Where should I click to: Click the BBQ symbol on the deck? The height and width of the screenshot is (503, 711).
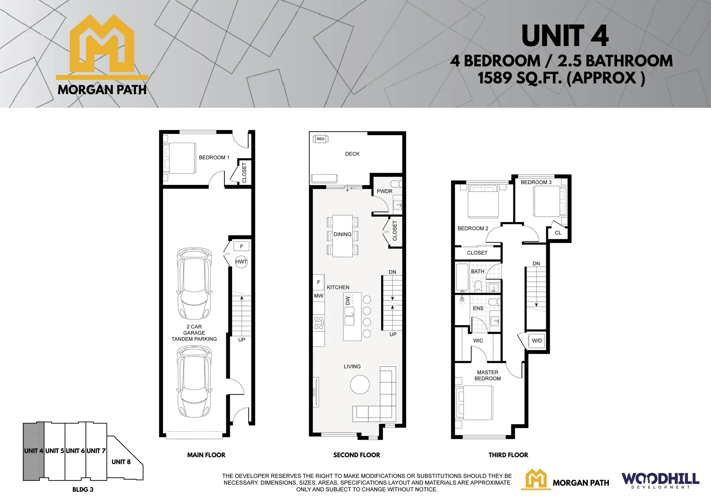tap(321, 139)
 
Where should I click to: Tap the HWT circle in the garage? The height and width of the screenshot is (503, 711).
tap(241, 262)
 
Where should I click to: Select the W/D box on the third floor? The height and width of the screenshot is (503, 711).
tap(537, 341)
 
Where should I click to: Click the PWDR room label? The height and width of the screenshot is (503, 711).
tap(384, 191)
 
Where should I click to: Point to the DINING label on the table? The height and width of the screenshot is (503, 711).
tap(342, 234)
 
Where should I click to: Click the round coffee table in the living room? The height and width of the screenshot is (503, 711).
tap(360, 384)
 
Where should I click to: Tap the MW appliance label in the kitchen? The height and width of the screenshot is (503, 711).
tap(318, 296)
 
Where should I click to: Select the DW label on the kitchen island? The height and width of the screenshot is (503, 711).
tap(347, 300)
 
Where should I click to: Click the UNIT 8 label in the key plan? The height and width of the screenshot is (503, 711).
tap(121, 462)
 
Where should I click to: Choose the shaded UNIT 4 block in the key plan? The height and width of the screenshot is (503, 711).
tap(34, 451)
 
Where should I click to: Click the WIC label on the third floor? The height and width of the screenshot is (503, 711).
tap(478, 340)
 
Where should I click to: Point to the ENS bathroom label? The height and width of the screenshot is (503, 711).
tap(478, 308)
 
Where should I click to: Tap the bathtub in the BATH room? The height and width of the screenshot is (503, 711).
tap(462, 277)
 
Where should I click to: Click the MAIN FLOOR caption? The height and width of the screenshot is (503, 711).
tap(206, 455)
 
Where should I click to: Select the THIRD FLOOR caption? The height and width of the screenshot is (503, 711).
tap(508, 455)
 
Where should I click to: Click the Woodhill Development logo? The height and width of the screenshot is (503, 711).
tap(660, 481)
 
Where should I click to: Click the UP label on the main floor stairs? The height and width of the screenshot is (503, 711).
tap(241, 340)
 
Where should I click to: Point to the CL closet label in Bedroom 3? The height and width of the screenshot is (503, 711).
tap(558, 233)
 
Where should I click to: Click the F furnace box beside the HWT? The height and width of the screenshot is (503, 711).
tap(241, 246)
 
